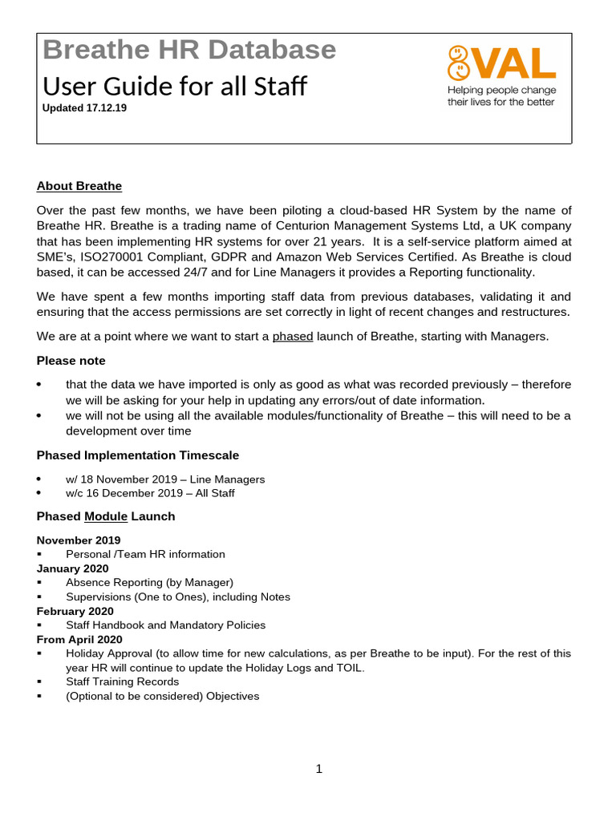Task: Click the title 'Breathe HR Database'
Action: pyautogui.click(x=189, y=50)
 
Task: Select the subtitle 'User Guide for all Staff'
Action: pyautogui.click(x=174, y=85)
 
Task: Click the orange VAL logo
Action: pyautogui.click(x=501, y=63)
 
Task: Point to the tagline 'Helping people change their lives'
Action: pyautogui.click(x=501, y=96)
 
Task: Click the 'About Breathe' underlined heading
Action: pyautogui.click(x=79, y=186)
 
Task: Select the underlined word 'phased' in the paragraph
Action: pyautogui.click(x=293, y=336)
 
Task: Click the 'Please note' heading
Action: pyautogui.click(x=71, y=361)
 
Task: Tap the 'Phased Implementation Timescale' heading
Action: pyautogui.click(x=138, y=455)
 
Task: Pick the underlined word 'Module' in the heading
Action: pyautogui.click(x=106, y=516)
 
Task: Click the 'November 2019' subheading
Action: pyautogui.click(x=79, y=540)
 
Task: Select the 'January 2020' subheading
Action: pyautogui.click(x=73, y=568)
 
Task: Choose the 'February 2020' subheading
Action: pyautogui.click(x=75, y=611)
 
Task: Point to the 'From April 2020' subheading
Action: pyautogui.click(x=79, y=639)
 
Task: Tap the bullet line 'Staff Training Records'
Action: pyautogui.click(x=122, y=681)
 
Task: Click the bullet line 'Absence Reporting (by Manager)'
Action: pyautogui.click(x=149, y=583)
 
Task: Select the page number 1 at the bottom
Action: pyautogui.click(x=318, y=769)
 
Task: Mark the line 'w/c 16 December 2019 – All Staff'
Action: pyautogui.click(x=150, y=493)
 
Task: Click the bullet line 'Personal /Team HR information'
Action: pyautogui.click(x=145, y=554)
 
